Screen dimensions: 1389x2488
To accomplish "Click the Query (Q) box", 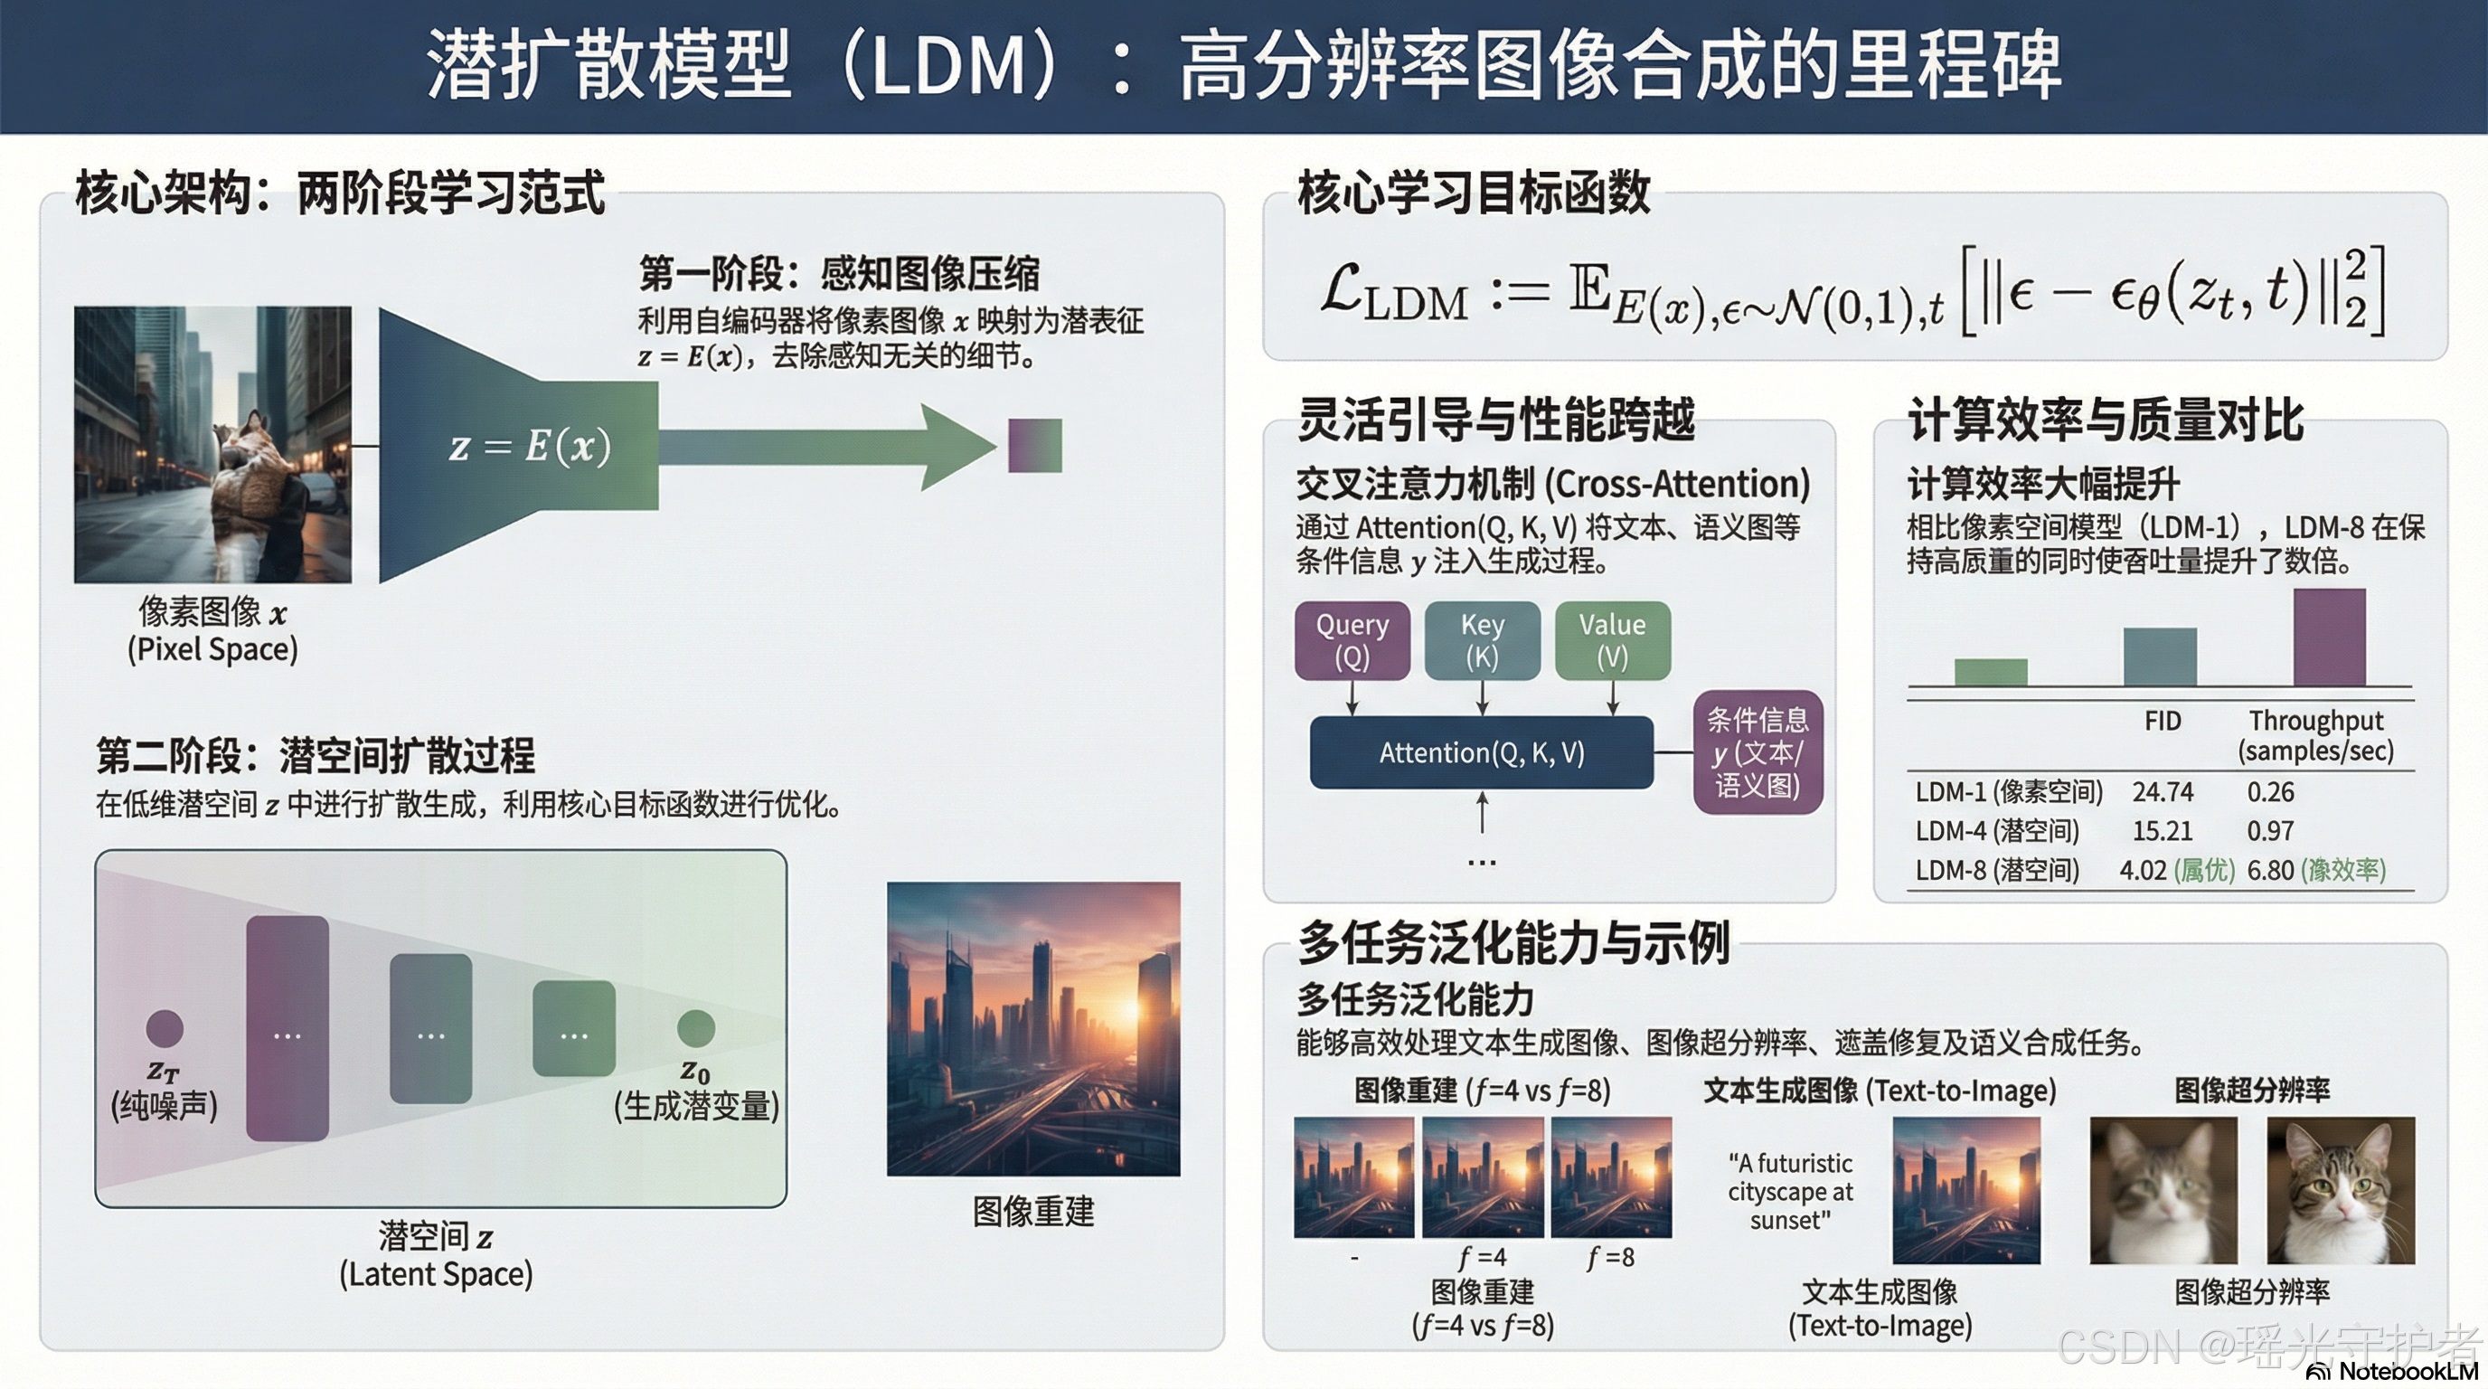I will coord(1352,640).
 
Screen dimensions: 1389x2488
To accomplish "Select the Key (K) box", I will coord(1482,640).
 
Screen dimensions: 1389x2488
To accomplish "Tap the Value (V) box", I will coord(1612,640).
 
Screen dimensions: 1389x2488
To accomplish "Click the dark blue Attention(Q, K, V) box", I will coord(1481,752).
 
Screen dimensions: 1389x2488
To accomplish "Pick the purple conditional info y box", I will coord(1757,752).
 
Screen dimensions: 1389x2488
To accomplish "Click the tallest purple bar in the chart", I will coord(2329,638).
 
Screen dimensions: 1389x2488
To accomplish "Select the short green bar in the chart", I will coord(1991,671).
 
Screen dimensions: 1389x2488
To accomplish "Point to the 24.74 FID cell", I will coord(2163,792).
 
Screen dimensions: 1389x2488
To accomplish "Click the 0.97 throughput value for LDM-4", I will coord(2270,831).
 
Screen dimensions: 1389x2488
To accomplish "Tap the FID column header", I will coord(2163,721).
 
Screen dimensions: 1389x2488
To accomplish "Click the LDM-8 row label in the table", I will coord(1996,870).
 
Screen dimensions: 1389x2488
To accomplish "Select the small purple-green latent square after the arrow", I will coord(1034,445).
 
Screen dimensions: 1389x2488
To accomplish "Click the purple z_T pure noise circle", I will coord(165,1029).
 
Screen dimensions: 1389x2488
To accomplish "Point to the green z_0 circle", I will coord(695,1029).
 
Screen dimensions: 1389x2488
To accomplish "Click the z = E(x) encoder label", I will coord(531,446).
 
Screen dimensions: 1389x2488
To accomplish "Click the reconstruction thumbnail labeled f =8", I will coord(1610,1177).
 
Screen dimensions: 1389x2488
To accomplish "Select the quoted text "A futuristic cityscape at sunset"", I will coord(1790,1191).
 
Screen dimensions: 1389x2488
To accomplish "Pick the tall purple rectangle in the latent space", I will coord(287,1029).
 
